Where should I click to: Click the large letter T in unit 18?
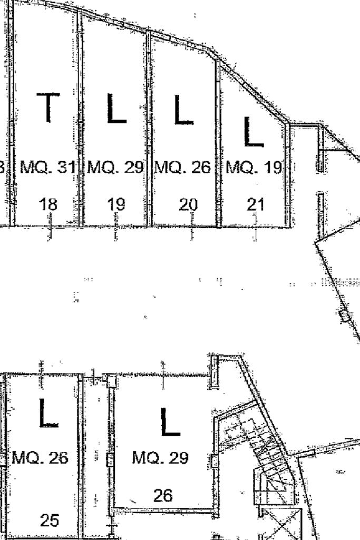pos(48,107)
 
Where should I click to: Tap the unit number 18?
pos(49,204)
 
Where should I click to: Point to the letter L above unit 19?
pos(116,109)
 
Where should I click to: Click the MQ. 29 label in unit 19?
pos(115,168)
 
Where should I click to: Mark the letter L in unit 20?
pos(183,110)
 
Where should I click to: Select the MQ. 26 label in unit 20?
pos(183,168)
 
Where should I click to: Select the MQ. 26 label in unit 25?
pos(40,457)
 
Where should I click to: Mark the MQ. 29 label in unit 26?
pos(160,458)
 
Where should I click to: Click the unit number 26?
pos(163,495)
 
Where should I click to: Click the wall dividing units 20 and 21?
pos(218,142)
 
